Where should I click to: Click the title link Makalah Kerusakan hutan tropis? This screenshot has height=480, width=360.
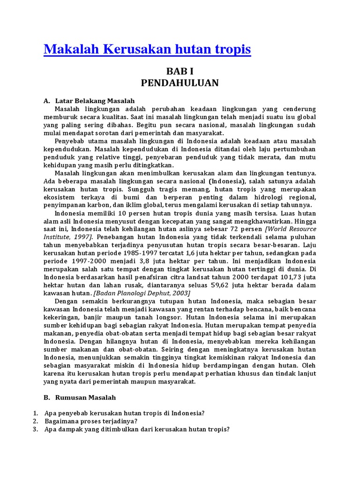[x=147, y=49]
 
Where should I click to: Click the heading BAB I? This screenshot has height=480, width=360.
[x=180, y=72]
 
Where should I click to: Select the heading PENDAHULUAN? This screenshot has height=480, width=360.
[x=180, y=83]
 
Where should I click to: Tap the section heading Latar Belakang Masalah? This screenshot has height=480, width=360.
[x=95, y=101]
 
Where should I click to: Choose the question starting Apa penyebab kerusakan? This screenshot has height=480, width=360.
[x=124, y=413]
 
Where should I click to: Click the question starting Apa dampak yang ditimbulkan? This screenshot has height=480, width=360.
[x=137, y=429]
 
